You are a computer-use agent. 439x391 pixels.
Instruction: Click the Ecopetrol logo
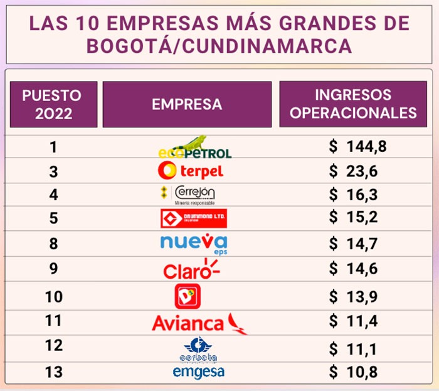194,149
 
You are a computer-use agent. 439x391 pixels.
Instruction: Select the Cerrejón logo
188,195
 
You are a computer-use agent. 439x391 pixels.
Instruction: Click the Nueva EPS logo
193,243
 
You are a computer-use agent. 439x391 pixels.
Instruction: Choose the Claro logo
191,270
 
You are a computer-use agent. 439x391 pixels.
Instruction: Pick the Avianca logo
198,323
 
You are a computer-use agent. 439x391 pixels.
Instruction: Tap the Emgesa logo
198,372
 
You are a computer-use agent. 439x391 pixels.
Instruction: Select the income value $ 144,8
358,147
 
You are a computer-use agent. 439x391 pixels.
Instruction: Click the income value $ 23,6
354,171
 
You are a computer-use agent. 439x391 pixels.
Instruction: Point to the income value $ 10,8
354,372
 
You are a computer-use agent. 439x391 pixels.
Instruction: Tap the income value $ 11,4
354,321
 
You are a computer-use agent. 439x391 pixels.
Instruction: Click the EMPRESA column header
187,104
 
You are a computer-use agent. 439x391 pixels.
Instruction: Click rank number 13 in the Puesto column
53,372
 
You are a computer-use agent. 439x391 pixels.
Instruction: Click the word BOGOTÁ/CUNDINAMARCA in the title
219,47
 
